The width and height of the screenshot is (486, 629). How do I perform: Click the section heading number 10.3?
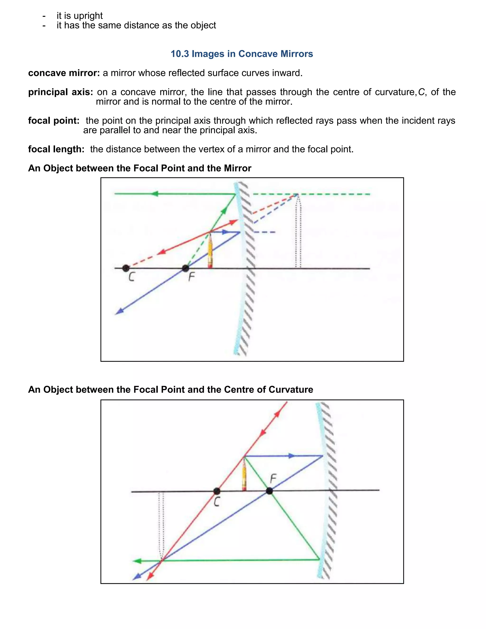(180, 54)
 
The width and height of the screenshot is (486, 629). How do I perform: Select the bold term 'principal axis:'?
(61, 92)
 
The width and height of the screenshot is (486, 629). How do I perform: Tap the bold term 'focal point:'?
(54, 121)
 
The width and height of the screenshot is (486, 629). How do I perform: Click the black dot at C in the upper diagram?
(126, 268)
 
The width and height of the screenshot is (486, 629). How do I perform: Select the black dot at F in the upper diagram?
(186, 268)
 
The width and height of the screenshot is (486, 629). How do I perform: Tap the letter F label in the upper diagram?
(192, 277)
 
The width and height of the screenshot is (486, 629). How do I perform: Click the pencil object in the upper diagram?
(210, 251)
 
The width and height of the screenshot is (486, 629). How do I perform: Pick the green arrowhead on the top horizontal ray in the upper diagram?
(155, 194)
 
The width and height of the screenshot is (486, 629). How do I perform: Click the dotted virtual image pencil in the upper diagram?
(298, 230)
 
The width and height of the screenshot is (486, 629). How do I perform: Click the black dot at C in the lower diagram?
(217, 491)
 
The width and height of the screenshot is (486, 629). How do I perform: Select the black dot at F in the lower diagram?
(269, 491)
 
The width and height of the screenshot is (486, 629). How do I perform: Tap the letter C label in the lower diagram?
(217, 502)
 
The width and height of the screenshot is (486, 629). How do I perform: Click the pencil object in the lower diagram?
(244, 474)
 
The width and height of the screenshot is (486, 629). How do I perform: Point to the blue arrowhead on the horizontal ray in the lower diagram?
(292, 456)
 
